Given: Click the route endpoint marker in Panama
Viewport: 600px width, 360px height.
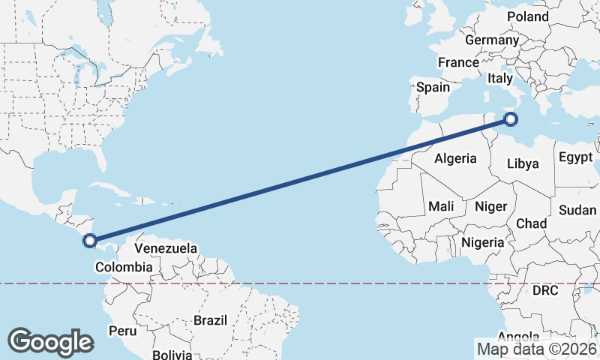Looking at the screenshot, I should [90, 241].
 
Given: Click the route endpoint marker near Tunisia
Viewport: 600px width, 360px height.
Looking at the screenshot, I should [511, 118].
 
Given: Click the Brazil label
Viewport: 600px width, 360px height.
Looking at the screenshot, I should [210, 320].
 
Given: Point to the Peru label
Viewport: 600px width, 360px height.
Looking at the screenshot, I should [123, 331].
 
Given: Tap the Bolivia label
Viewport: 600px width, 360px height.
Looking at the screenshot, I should [172, 354].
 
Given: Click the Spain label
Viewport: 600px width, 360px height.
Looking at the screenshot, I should [433, 87].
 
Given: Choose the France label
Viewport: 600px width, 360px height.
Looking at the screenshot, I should [458, 62].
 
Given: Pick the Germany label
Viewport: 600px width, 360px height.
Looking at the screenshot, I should [492, 40].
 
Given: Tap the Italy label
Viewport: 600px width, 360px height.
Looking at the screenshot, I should [499, 78].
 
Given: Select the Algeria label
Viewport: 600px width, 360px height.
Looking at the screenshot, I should [455, 158].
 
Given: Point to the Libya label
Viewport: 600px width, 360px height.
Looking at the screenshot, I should [523, 163].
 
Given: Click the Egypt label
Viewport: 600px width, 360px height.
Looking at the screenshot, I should [576, 158].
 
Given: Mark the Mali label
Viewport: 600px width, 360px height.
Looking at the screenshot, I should [441, 205].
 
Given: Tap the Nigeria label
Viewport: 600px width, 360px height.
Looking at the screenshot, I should [483, 242].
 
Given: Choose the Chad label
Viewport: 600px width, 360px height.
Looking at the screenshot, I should [531, 223].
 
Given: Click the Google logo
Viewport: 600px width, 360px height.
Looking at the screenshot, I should [50, 341].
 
